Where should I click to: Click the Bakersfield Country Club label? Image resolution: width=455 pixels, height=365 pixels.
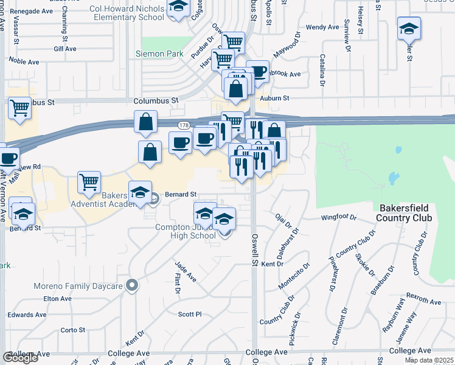coord(404,212)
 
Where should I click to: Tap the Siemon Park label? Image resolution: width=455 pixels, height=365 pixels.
coord(162,54)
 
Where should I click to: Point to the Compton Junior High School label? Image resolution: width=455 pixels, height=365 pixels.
coord(181,232)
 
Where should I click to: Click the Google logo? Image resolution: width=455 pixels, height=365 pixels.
coord(20,358)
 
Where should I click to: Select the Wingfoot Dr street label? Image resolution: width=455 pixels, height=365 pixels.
coord(338,217)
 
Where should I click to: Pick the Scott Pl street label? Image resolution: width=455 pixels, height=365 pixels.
coord(189,314)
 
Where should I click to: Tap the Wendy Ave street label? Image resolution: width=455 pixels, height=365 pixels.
coord(322,27)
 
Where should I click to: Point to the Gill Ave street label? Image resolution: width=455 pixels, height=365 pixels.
coord(64,48)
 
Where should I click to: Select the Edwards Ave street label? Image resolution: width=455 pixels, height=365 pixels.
coord(27,315)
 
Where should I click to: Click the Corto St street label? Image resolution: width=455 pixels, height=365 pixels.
coord(72,330)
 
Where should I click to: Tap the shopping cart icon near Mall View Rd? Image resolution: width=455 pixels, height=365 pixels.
coord(89,182)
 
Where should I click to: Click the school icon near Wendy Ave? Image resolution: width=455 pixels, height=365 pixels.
coord(409,28)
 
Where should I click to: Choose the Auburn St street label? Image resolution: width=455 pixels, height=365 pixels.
coord(273,97)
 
